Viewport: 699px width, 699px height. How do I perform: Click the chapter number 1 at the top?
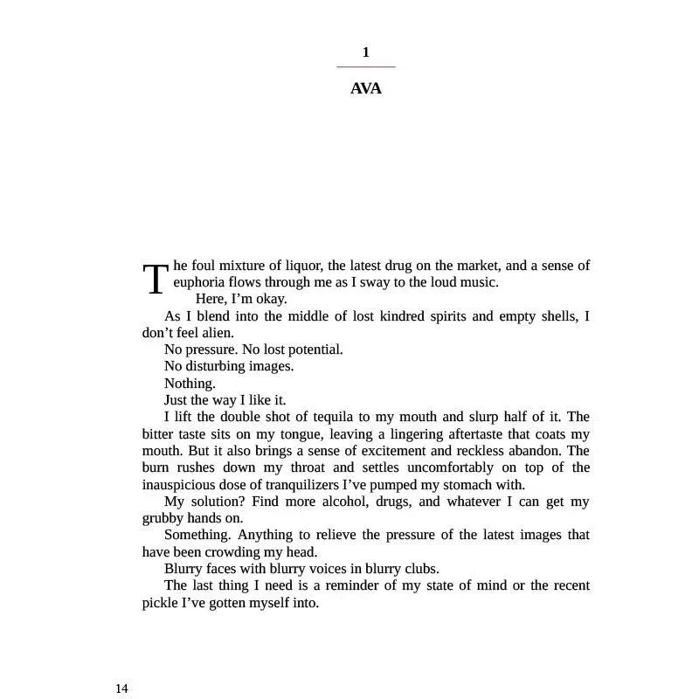click(x=365, y=52)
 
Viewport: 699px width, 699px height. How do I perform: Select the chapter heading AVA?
click(x=365, y=88)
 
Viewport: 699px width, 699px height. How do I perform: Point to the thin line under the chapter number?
click(x=365, y=66)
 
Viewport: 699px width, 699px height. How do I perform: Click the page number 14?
click(x=121, y=689)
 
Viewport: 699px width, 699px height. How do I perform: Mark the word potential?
click(x=311, y=349)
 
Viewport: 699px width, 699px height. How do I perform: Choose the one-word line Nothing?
click(x=190, y=384)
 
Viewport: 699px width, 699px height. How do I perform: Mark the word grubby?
click(x=162, y=518)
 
